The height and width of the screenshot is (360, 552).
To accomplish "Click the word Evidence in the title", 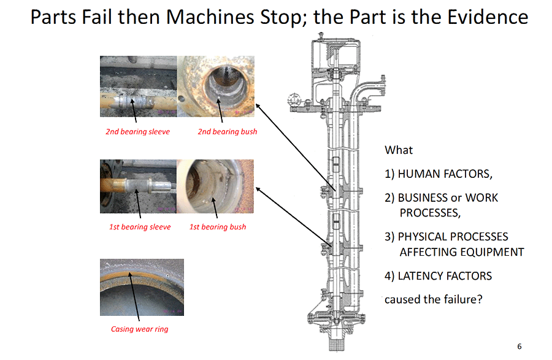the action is tap(488, 17).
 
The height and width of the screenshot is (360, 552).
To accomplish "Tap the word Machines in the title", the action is tap(210, 17).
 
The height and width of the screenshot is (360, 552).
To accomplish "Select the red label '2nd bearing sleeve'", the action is tap(137, 132).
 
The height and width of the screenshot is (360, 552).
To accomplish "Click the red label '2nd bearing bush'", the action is tap(228, 132).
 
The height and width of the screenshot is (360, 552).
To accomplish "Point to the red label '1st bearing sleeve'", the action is tap(140, 227).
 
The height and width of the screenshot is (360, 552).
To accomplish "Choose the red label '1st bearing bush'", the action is tap(218, 227).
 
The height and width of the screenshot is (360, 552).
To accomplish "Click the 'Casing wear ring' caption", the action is tap(139, 329).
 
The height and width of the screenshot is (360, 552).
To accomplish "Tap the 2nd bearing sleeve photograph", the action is tap(139, 86).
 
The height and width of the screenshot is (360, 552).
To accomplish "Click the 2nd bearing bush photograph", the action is tap(215, 86).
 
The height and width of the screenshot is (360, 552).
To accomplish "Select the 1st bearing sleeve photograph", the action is tap(139, 186).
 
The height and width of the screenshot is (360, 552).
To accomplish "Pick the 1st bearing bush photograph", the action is tap(215, 186).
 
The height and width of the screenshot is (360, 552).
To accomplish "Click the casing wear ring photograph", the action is tap(142, 287).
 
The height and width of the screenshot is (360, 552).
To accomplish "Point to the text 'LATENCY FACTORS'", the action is tap(445, 276).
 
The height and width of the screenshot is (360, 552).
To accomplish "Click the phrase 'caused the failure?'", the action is tap(434, 299).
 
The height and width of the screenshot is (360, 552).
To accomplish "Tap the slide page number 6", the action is tap(519, 347).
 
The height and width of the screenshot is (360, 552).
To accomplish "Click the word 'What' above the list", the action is tap(399, 150).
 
